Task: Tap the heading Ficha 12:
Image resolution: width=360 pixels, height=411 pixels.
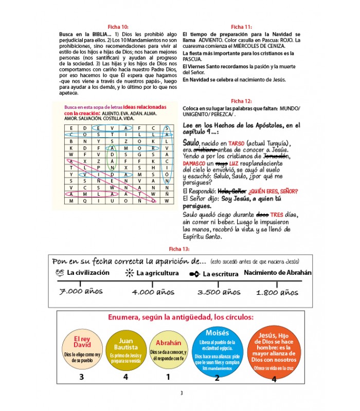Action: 241,101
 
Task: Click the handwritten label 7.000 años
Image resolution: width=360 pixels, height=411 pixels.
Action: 81,291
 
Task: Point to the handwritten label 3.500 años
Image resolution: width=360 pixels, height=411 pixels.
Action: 219,292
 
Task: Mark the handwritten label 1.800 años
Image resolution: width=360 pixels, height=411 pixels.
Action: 277,292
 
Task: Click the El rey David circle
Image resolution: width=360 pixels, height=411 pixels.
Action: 82,347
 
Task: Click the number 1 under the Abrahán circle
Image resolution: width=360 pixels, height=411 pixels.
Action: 168,377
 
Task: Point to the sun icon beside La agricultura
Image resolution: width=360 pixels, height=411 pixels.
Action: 130,273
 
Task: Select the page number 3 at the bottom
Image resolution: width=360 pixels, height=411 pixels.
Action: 181,394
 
